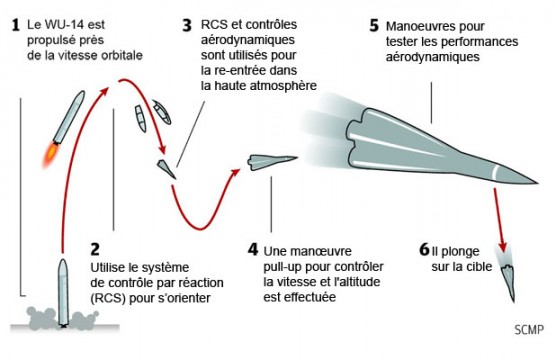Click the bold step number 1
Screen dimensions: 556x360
pyautogui.click(x=15, y=25)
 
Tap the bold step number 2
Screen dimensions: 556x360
pyautogui.click(x=95, y=249)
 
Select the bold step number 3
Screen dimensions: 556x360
pyautogui.click(x=187, y=26)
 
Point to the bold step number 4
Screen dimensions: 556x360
pyautogui.click(x=253, y=249)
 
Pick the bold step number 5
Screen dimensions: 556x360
pyautogui.click(x=374, y=26)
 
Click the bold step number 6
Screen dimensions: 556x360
pyautogui.click(x=424, y=249)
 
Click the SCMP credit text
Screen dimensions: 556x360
pyautogui.click(x=529, y=330)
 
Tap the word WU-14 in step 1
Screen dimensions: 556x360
pyautogui.click(x=65, y=25)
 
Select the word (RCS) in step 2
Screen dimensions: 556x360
pyautogui.click(x=108, y=298)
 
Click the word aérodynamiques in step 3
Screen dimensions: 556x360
pyautogui.click(x=248, y=40)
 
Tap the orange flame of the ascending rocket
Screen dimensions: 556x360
pyautogui.click(x=50, y=155)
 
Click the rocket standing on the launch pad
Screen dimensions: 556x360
pyautogui.click(x=63, y=292)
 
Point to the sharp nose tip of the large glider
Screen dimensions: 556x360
pyautogui.click(x=538, y=183)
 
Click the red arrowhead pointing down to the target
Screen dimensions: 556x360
pyautogui.click(x=502, y=246)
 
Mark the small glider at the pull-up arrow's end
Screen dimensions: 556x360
pyautogui.click(x=271, y=162)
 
